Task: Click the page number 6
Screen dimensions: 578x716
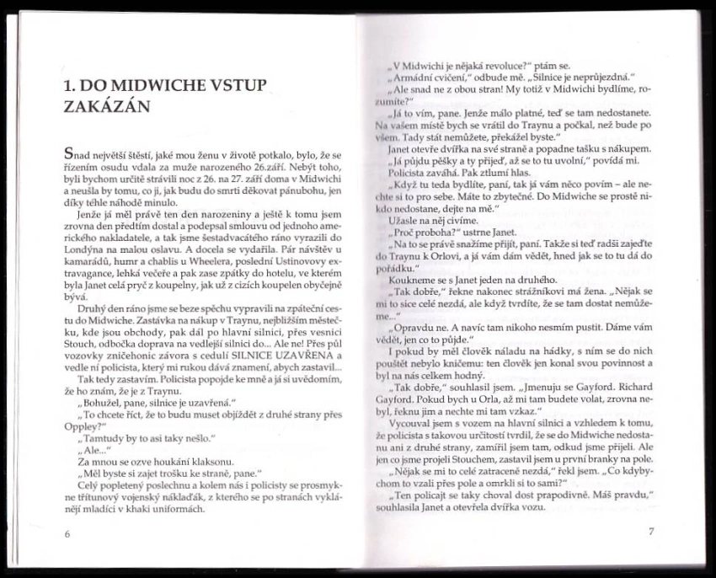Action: click(67, 534)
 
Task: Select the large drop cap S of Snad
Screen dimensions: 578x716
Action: click(69, 155)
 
